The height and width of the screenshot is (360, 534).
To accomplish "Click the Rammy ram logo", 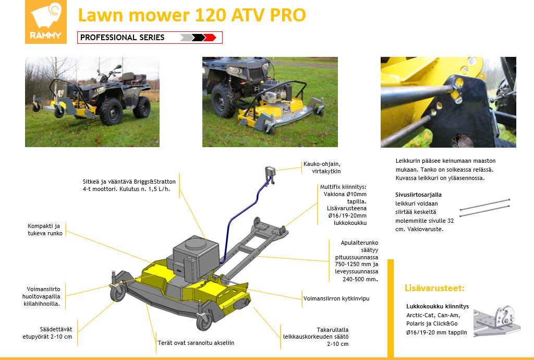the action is coord(46,22).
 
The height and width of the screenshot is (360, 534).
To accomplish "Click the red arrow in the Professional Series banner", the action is coord(210,38).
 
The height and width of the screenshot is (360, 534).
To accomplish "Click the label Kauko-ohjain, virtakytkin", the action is coord(322,167).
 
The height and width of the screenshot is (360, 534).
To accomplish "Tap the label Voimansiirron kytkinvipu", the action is coord(336,298).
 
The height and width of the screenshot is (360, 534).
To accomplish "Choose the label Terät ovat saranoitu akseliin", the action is coord(196,343).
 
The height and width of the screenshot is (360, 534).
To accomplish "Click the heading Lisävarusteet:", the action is coord(434,288).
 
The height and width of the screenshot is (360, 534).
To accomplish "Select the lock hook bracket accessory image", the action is coord(497,320).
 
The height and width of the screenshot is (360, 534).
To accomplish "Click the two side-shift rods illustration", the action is coord(484,208).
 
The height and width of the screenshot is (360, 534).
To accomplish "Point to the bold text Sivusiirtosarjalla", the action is coord(418,195).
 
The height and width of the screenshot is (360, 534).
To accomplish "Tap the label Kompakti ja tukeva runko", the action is coord(45,230).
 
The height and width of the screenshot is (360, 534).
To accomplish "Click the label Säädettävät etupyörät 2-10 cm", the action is coord(47,333).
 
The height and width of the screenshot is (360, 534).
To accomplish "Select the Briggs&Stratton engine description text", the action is coord(129,185).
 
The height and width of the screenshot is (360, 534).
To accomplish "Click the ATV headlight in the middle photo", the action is coord(235,70).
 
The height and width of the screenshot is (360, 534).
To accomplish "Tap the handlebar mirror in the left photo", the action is coord(118,67).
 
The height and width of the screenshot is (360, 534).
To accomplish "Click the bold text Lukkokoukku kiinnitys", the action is coord(438,307).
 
